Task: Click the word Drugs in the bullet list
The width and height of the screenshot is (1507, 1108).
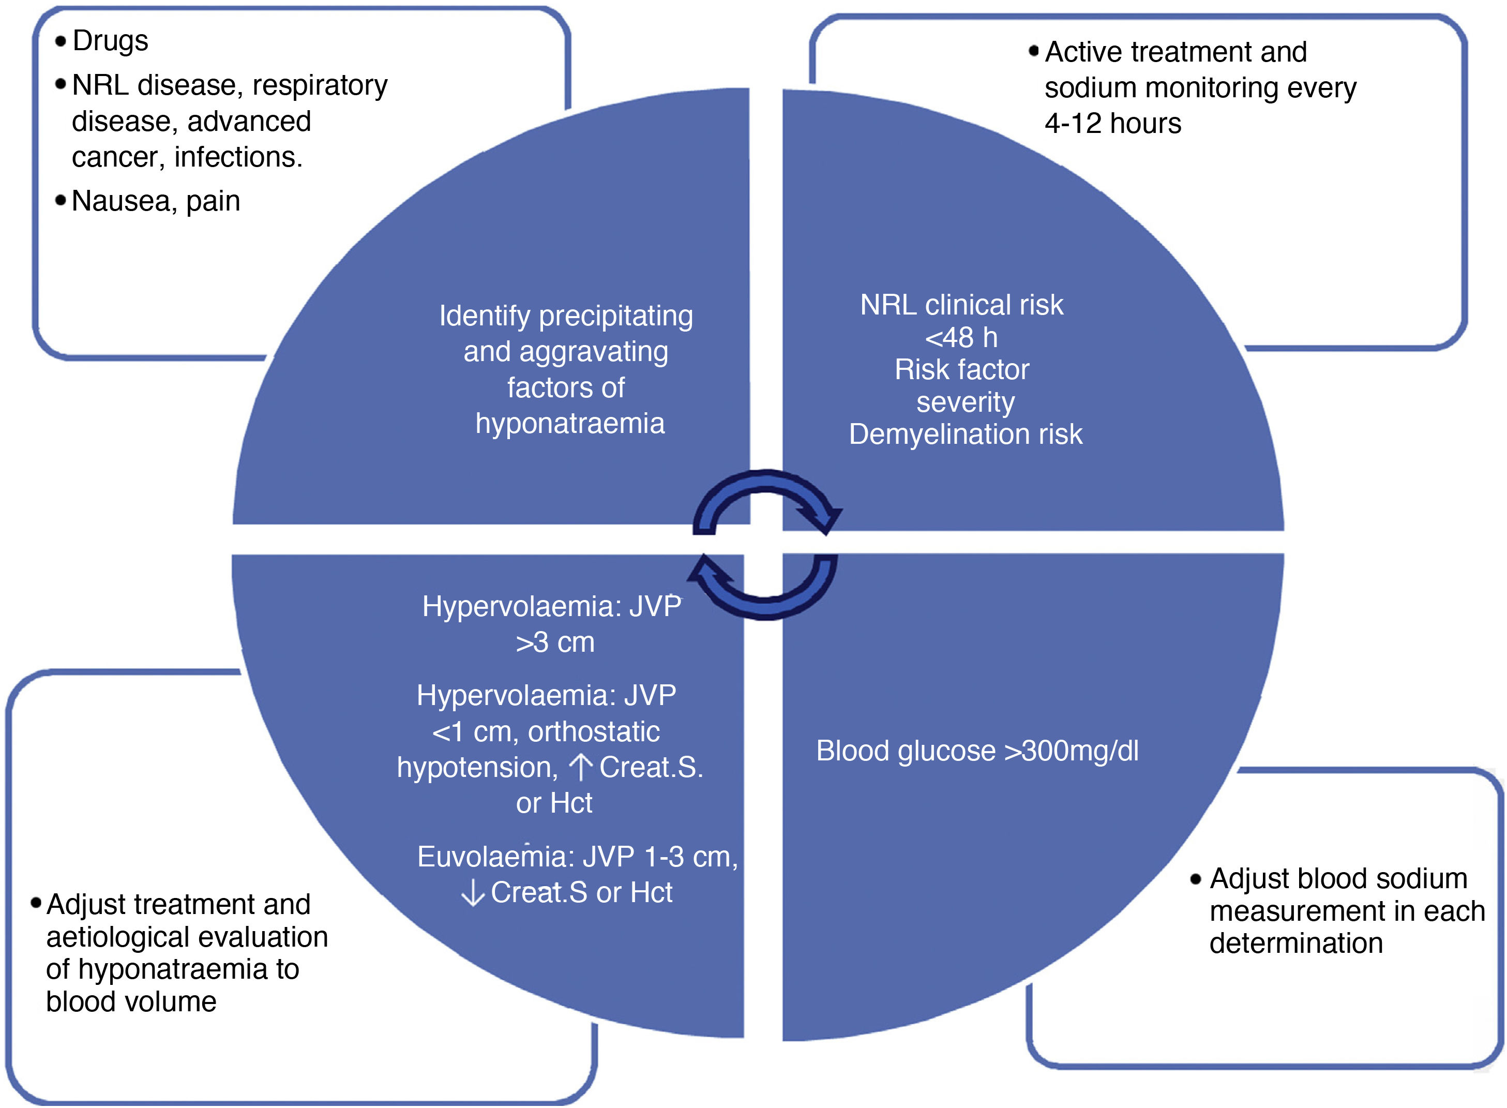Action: pos(110,41)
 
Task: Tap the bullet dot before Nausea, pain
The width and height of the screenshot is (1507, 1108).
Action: pos(61,200)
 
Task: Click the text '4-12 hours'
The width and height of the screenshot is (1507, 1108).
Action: pos(1112,124)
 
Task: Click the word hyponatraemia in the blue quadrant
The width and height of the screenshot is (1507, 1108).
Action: pos(570,424)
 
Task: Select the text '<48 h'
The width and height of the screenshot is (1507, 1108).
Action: pos(961,337)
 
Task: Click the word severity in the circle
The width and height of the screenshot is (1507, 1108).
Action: pos(966,402)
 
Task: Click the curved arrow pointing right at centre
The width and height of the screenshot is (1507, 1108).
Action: pos(767,500)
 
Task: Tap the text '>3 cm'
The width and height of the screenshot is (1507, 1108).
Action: pos(555,642)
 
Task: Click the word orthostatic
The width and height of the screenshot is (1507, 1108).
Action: pos(593,732)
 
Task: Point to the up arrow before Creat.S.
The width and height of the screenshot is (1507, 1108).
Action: pos(581,767)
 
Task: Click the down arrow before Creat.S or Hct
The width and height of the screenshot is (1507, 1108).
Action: pos(473,893)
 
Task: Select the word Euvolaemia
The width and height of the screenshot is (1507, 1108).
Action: pos(496,857)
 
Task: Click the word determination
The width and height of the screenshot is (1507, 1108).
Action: pos(1296,944)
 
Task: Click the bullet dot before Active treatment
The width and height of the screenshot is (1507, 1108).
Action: pos(1033,51)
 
